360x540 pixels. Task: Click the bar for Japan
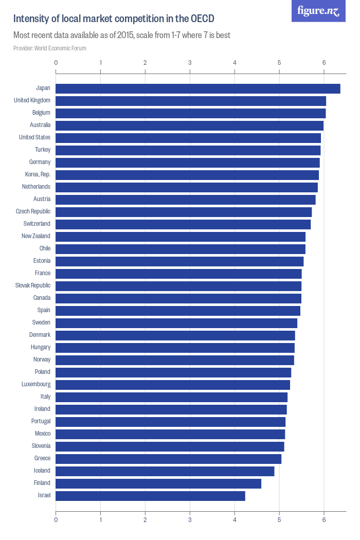(198, 88)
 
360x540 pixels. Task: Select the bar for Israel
(150, 496)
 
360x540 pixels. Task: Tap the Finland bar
(158, 483)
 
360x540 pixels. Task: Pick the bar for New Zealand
(181, 237)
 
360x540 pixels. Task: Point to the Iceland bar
(165, 471)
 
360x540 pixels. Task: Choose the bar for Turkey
(188, 150)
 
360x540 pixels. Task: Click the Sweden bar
(176, 323)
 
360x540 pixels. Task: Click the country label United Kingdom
(32, 100)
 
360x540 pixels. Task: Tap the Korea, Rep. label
(38, 174)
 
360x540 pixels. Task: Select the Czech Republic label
(33, 211)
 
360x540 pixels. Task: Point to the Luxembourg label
(36, 384)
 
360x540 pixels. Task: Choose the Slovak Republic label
(33, 285)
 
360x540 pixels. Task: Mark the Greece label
(42, 458)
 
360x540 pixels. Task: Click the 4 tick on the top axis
(235, 63)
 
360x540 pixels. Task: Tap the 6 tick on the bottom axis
(324, 519)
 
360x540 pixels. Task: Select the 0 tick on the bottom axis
(56, 519)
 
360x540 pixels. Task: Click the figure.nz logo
(318, 11)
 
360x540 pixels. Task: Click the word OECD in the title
(203, 19)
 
